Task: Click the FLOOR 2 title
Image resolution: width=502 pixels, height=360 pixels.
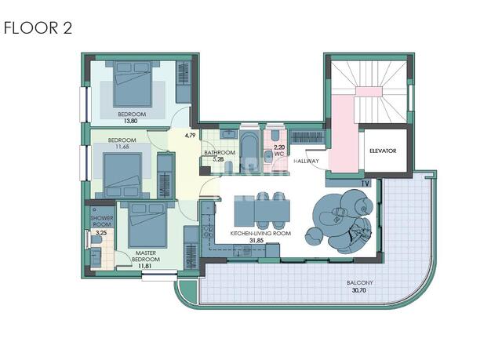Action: tap(38, 27)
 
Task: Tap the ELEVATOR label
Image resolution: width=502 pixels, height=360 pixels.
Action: tap(383, 151)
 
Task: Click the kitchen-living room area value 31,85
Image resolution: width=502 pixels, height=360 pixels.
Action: tap(256, 240)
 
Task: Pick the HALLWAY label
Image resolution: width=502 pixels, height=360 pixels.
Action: tap(307, 161)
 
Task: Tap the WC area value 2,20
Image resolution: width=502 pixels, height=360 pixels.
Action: tap(279, 147)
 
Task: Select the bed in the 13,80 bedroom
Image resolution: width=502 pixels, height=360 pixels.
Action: tap(133, 84)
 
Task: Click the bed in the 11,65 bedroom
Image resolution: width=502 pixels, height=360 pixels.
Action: tap(122, 175)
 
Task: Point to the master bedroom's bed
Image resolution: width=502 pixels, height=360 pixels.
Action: tap(147, 224)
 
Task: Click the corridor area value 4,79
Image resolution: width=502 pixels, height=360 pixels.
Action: tap(190, 136)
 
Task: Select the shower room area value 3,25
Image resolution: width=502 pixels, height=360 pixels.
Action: tap(101, 233)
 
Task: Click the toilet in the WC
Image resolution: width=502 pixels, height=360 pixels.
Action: tap(275, 136)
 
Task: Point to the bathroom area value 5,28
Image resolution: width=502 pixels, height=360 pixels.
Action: tap(218, 159)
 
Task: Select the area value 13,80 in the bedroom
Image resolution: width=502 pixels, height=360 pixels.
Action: tap(130, 121)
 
